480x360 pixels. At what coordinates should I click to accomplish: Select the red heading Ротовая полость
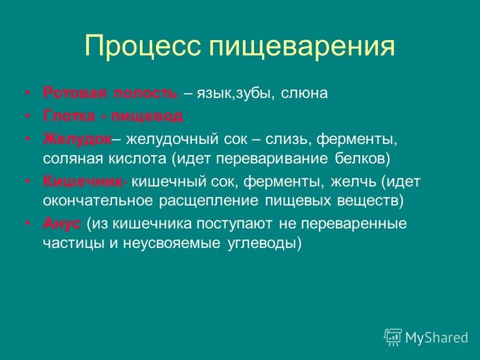[110, 93]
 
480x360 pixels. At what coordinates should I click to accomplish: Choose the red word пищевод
[147, 116]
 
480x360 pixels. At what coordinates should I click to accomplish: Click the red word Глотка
[68, 116]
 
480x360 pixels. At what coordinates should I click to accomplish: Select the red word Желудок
[77, 139]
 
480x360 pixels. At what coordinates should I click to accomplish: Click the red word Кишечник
[83, 181]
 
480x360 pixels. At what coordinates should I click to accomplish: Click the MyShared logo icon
[393, 337]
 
